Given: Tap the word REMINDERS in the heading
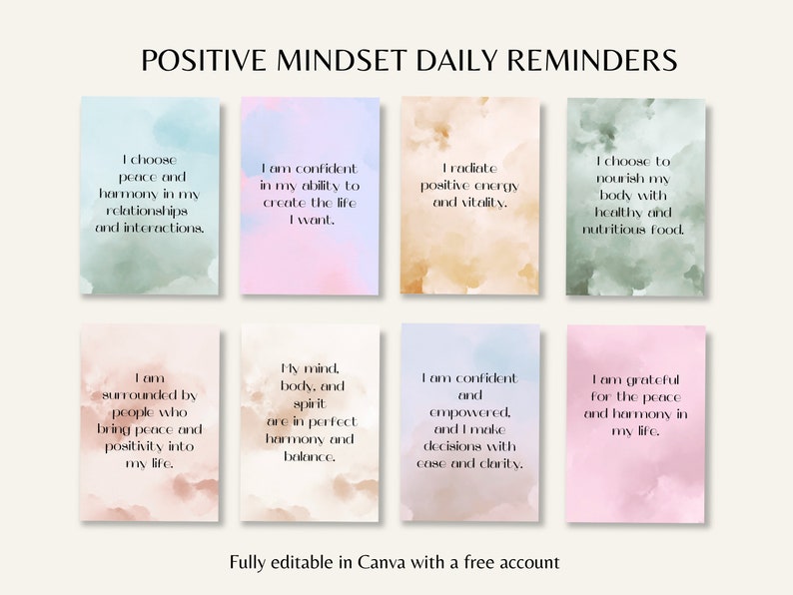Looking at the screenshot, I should click(x=593, y=60).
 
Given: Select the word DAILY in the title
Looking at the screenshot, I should click(x=461, y=60).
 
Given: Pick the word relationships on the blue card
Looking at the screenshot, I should click(x=149, y=211).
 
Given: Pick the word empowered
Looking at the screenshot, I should click(x=471, y=412).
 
